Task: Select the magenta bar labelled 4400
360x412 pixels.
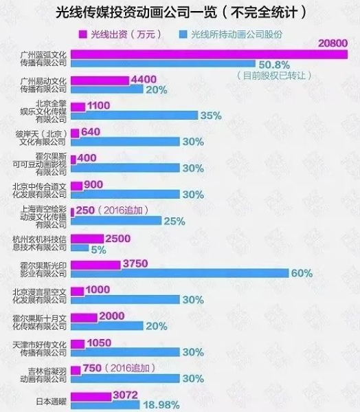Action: pyautogui.click(x=99, y=80)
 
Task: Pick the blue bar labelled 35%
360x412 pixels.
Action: pyautogui.click(x=133, y=116)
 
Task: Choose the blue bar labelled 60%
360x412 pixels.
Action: pyautogui.click(x=179, y=273)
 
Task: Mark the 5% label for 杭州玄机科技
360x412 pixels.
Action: pyautogui.click(x=98, y=250)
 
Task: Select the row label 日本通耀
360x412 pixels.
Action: pyautogui.click(x=51, y=400)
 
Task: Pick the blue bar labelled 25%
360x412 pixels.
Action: pyautogui.click(x=115, y=221)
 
